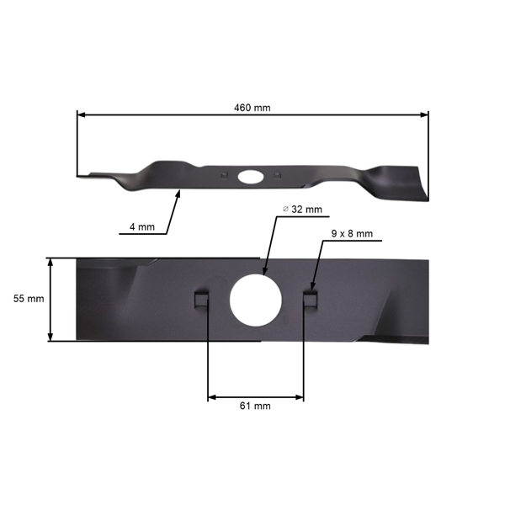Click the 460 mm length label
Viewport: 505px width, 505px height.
click(252, 108)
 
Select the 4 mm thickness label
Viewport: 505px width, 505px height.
click(142, 227)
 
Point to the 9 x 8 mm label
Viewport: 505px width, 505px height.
click(352, 233)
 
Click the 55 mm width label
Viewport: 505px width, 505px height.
click(29, 299)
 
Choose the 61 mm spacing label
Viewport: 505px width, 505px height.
click(255, 406)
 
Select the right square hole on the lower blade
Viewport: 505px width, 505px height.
click(311, 299)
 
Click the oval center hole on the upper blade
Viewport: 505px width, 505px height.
click(250, 177)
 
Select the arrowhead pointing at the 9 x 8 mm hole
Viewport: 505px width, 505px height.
click(313, 285)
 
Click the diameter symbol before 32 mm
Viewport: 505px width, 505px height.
click(285, 208)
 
